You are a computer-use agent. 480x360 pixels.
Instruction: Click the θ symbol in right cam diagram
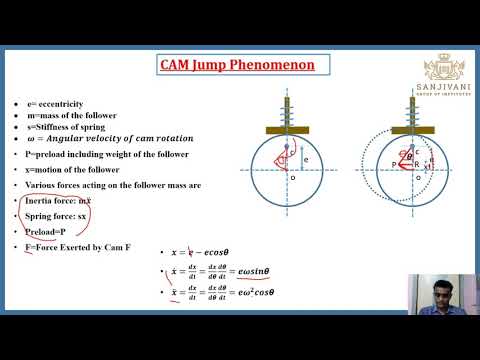[x=381, y=155]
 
